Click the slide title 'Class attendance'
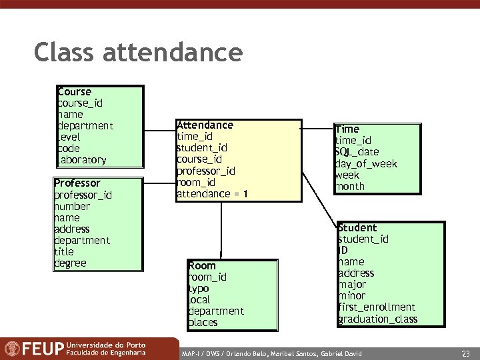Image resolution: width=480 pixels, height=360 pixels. point(138,53)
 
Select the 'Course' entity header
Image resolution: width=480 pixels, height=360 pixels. point(75,92)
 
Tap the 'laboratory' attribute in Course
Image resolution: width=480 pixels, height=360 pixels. point(82,160)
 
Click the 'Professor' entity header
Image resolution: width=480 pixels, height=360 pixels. point(77,183)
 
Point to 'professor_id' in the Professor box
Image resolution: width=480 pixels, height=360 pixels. point(83,195)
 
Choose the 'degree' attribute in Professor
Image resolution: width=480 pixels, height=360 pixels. point(70,263)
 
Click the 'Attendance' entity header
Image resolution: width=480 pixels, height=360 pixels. point(205,125)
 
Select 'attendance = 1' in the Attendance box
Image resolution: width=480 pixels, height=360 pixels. point(212,194)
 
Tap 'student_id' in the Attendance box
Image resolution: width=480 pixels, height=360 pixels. point(201,148)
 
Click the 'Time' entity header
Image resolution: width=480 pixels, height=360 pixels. point(347,129)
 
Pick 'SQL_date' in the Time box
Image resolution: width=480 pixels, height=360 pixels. point(357,152)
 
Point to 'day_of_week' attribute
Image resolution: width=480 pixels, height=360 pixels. point(366,164)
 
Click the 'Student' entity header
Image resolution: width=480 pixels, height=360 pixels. point(357,228)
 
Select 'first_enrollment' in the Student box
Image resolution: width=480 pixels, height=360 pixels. point(377,307)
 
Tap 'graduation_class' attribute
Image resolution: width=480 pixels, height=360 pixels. point(378,319)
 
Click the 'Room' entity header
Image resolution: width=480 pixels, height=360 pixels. point(202,266)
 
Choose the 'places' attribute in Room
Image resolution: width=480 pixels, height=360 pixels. point(203,323)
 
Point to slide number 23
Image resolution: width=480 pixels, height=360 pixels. point(465,353)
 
